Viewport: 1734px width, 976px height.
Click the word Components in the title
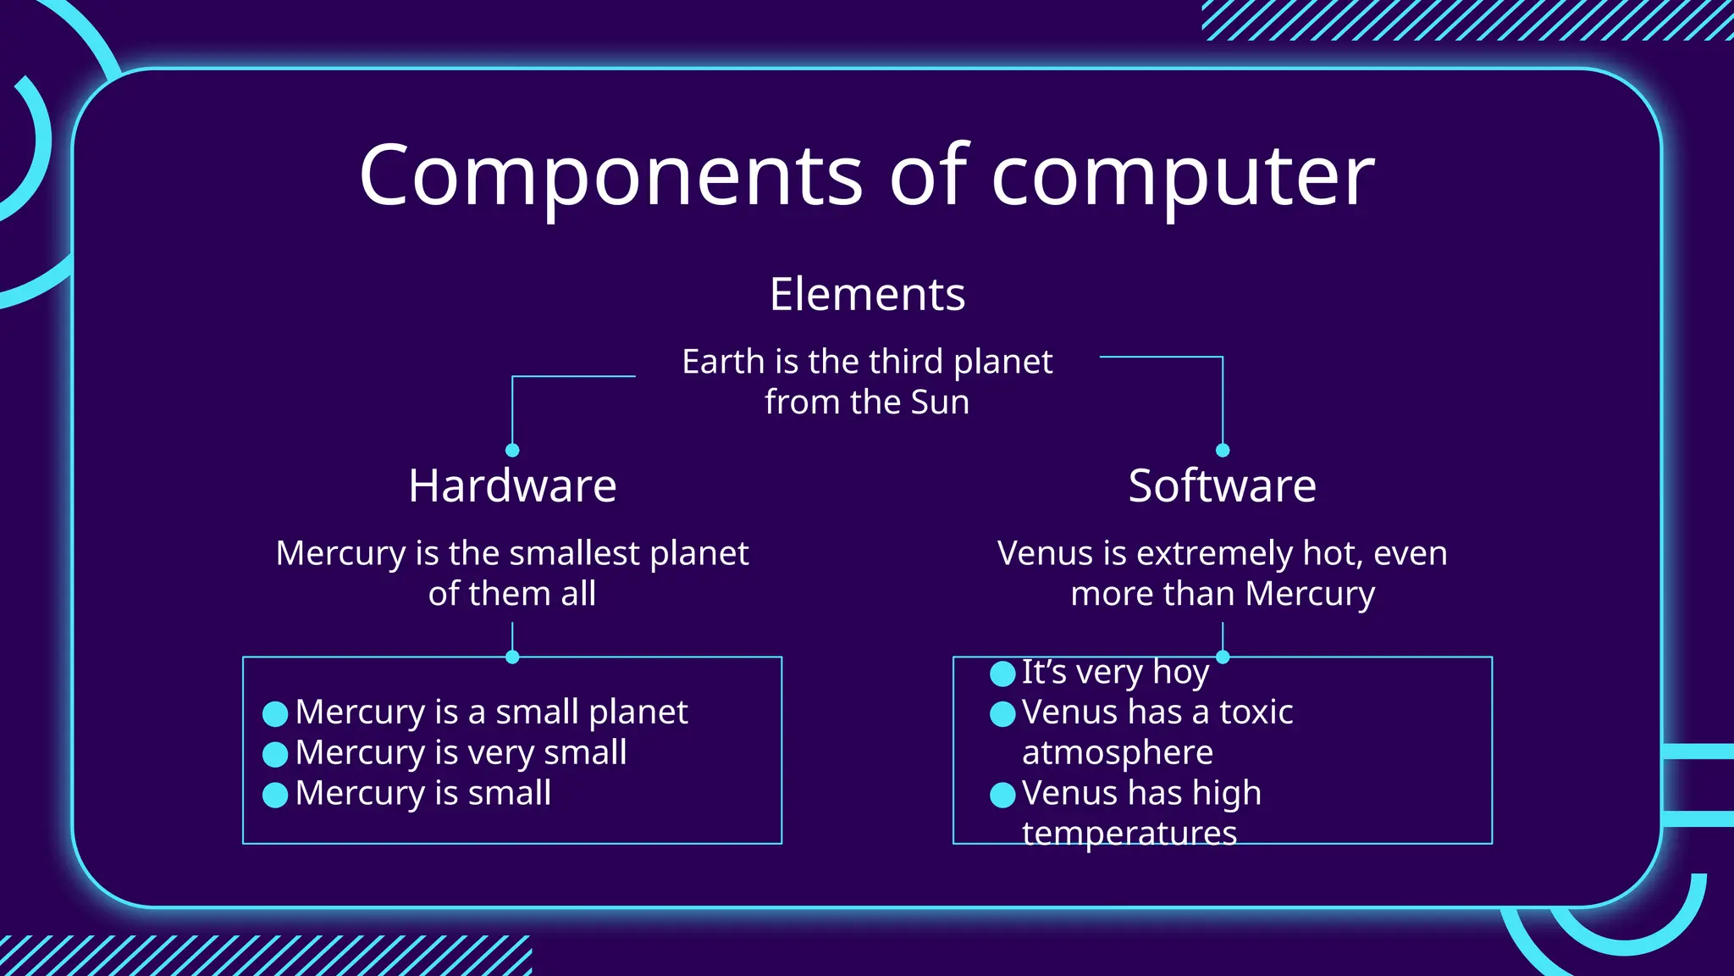click(610, 175)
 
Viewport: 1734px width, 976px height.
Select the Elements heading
click(867, 294)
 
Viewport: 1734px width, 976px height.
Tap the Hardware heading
click(512, 485)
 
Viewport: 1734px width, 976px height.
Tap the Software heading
click(1222, 485)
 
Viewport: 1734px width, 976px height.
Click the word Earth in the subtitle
click(723, 362)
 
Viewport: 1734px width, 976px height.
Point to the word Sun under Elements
click(940, 402)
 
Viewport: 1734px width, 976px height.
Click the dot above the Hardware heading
click(512, 450)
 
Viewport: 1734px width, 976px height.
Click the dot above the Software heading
click(1223, 450)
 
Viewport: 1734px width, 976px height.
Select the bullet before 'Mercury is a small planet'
click(275, 713)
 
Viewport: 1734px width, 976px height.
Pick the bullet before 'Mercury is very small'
click(275, 754)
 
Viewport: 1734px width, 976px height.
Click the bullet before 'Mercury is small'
click(275, 795)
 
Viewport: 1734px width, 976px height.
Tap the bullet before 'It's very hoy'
click(1002, 674)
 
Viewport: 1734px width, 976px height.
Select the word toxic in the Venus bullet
click(1256, 713)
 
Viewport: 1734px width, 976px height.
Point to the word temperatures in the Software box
click(1129, 834)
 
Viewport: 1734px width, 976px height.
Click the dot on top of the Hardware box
click(512, 657)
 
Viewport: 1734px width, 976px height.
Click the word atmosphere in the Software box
click(1118, 752)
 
